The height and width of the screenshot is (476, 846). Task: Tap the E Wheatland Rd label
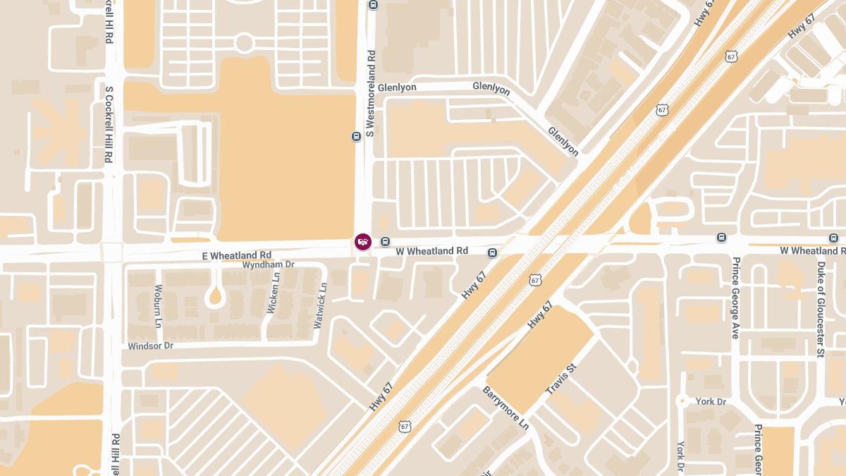pos(237,255)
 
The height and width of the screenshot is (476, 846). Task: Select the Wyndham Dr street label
pos(268,265)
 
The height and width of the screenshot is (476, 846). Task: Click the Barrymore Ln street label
pos(505,408)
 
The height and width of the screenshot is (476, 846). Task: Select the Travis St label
pos(561,379)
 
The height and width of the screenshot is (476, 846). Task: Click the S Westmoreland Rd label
pos(370,92)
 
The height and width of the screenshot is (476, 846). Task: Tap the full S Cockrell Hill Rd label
pos(109,125)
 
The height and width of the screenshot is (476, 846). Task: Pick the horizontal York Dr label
pos(711,401)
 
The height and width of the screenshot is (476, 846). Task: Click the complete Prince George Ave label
pos(735,298)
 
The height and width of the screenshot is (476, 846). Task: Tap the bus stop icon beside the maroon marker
pos(385,242)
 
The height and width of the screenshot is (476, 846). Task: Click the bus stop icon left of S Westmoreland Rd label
pos(356,136)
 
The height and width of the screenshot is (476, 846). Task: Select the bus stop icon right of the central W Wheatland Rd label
pos(492,252)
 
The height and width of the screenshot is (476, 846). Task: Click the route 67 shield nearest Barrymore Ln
pos(404,426)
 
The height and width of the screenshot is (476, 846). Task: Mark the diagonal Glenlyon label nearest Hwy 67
pos(563,142)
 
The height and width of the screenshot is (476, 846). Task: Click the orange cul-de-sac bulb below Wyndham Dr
pos(216,298)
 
